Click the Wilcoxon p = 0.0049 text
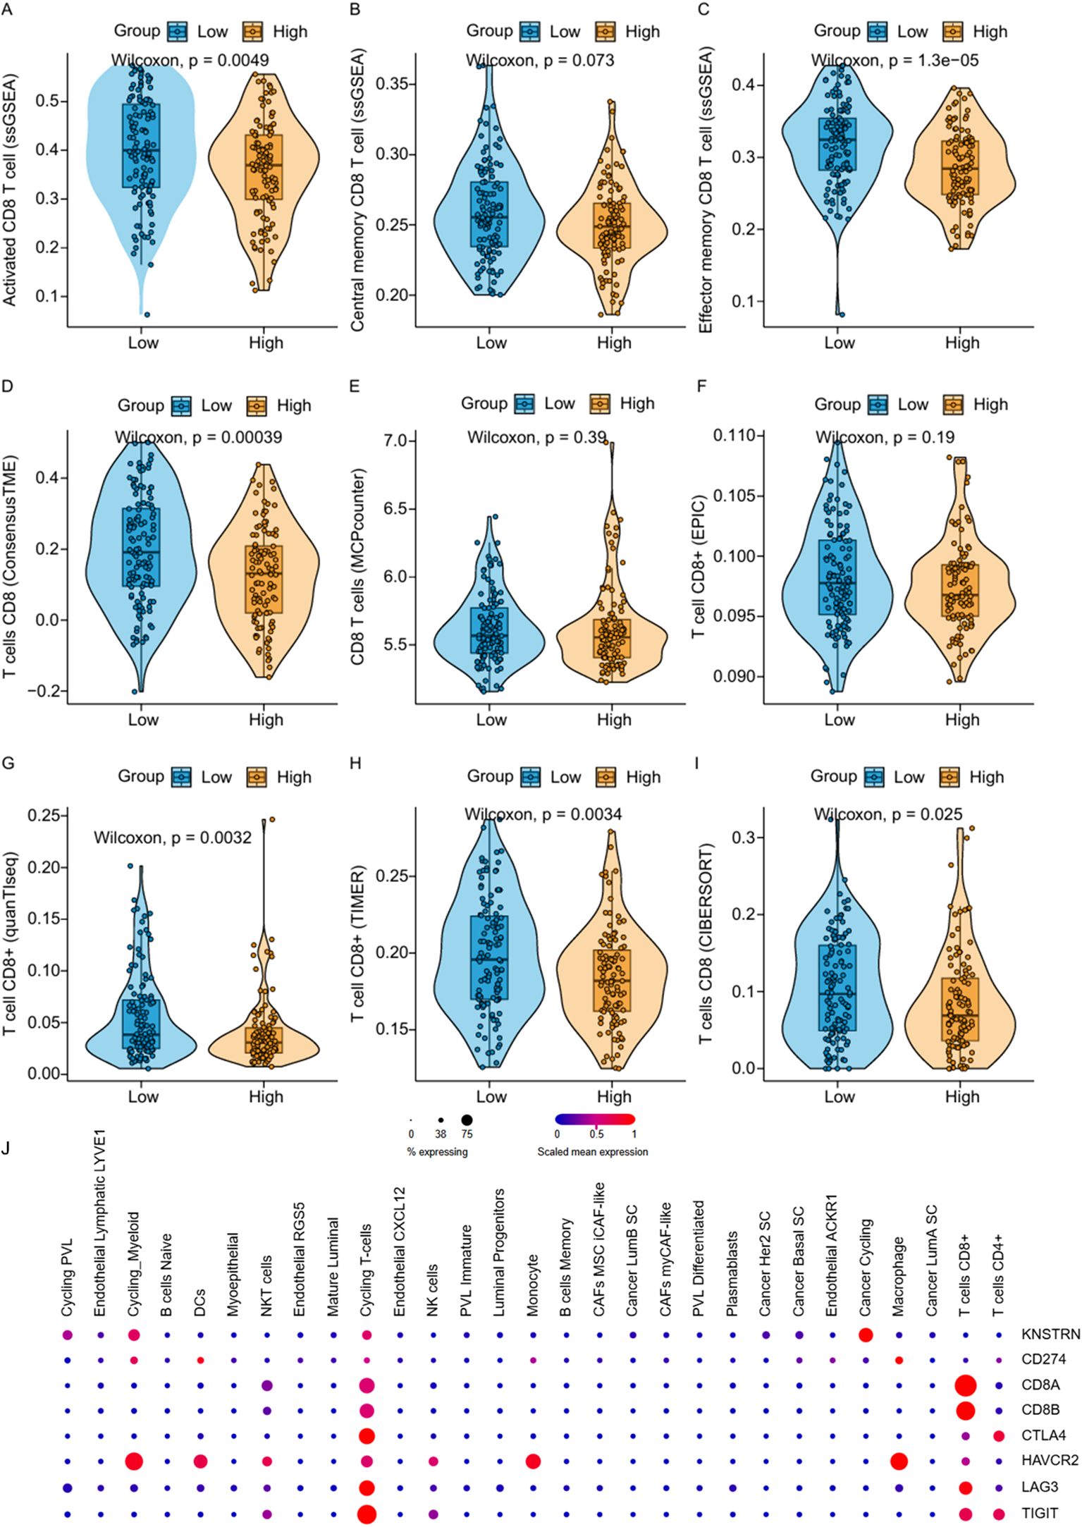[x=190, y=61]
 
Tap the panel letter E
[x=355, y=386]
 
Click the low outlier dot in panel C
[x=841, y=314]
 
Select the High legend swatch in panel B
[x=605, y=32]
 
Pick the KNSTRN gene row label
[x=1050, y=1335]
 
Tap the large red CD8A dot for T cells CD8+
[x=965, y=1386]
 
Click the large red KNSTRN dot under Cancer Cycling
[x=866, y=1335]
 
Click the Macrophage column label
[x=898, y=1276]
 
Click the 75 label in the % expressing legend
[x=467, y=1134]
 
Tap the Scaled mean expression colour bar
[x=595, y=1119]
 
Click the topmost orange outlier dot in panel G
[x=272, y=820]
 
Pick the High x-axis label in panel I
[x=961, y=1097]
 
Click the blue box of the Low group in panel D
[x=141, y=547]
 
